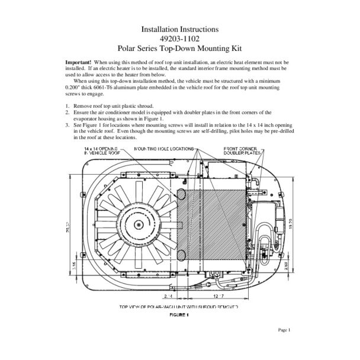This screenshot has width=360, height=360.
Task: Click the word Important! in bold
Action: [x=78, y=62]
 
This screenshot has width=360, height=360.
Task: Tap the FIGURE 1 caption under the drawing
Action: [x=179, y=316]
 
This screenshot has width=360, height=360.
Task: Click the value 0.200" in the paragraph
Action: [x=74, y=88]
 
